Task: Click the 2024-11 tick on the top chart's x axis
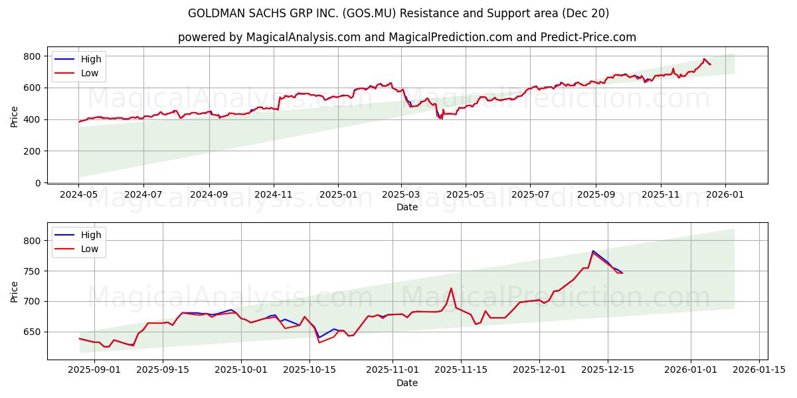pyautogui.click(x=274, y=196)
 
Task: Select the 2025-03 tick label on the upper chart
pyautogui.click(x=401, y=196)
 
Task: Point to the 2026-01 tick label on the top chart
pyautogui.click(x=725, y=196)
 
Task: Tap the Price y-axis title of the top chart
pyautogui.click(x=14, y=117)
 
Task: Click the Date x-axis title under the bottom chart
pyautogui.click(x=407, y=383)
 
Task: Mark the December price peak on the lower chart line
pyautogui.click(x=592, y=251)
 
